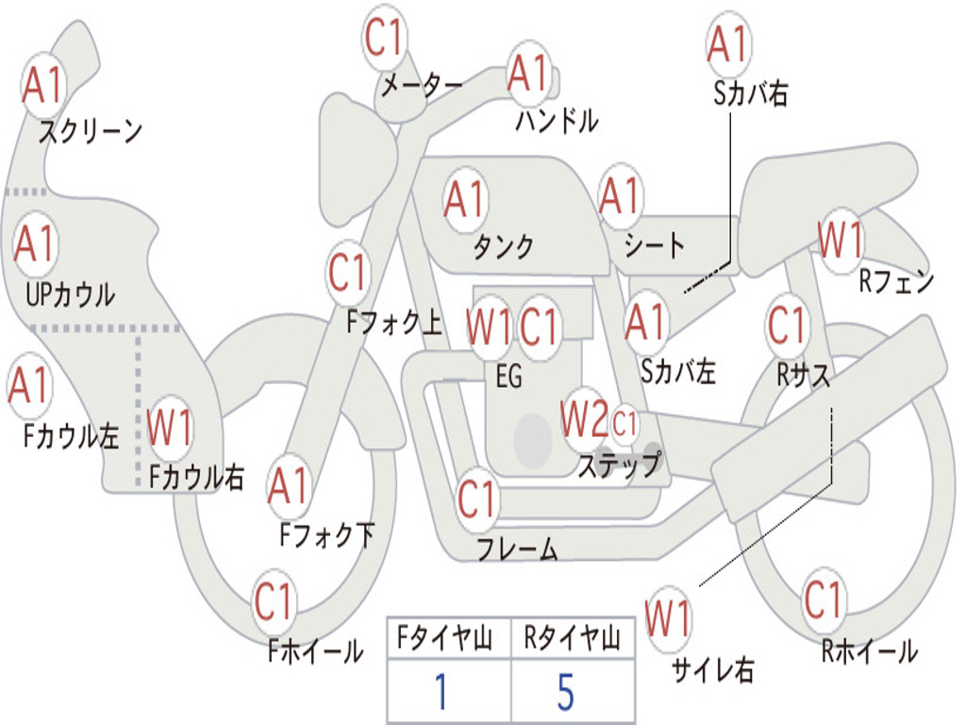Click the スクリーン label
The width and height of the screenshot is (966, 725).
pos(91,130)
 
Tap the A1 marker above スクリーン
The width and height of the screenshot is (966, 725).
pos(43,84)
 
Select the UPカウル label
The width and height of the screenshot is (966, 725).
pos(70,295)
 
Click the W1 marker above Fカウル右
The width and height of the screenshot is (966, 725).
pos(169,428)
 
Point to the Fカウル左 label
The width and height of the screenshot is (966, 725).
pos(71,436)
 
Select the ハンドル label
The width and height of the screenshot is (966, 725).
pos(557,120)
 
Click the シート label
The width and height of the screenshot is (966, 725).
pos(655,244)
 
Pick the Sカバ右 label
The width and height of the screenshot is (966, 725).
pos(750,93)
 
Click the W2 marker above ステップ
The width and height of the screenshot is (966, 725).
pos(584,418)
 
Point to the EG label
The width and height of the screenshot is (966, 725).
pos(508,376)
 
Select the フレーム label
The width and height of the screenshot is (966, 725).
pos(518,548)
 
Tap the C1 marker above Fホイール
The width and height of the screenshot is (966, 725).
pos(273,601)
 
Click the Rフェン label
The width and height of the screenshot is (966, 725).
pos(896,281)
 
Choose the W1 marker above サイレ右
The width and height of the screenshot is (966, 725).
pos(668,617)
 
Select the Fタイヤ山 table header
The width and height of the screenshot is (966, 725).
pos(445,637)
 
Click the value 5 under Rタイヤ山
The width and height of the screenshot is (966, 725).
pos(566,692)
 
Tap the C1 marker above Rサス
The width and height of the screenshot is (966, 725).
pos(787,325)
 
